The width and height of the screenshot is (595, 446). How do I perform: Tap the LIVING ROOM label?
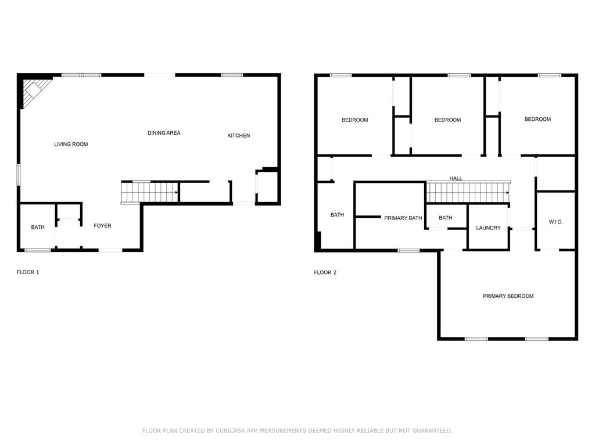click(71, 144)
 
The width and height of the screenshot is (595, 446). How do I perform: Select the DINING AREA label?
click(164, 133)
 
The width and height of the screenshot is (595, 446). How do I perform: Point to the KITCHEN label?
click(238, 136)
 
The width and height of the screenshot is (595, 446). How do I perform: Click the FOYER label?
click(102, 226)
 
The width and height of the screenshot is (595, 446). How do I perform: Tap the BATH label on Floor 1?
click(38, 227)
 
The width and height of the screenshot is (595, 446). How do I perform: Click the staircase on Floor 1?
click(149, 192)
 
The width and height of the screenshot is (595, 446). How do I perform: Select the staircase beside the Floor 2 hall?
click(468, 192)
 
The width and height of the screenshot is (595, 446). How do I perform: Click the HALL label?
click(456, 178)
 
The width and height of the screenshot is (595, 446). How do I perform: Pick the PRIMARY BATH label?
click(403, 218)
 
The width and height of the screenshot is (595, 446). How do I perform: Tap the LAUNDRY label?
click(488, 228)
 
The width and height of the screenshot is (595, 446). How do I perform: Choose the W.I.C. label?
click(555, 222)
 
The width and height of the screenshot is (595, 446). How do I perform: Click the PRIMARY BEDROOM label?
click(508, 296)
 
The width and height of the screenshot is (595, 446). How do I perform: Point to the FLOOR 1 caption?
click(28, 272)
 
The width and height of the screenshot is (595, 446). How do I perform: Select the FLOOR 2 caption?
click(325, 272)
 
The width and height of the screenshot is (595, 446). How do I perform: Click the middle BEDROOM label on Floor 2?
click(447, 120)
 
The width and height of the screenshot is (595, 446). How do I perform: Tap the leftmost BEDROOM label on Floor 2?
click(354, 120)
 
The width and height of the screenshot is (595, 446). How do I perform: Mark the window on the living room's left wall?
click(18, 175)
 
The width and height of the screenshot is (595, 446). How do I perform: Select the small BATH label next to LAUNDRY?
click(445, 218)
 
